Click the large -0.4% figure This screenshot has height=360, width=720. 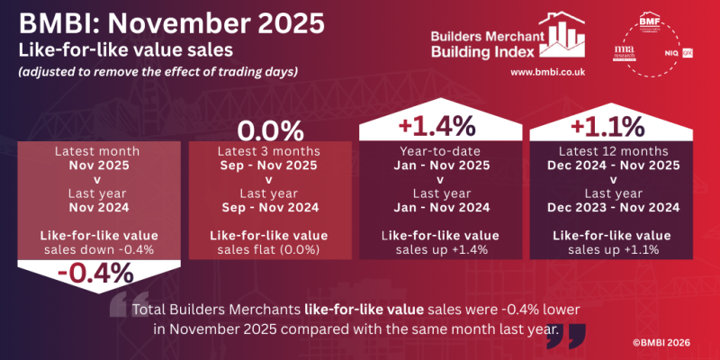click(94, 271)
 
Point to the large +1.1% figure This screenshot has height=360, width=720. click(612, 122)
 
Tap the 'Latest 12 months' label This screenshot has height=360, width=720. click(612, 151)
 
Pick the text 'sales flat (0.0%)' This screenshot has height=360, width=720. click(267, 249)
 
